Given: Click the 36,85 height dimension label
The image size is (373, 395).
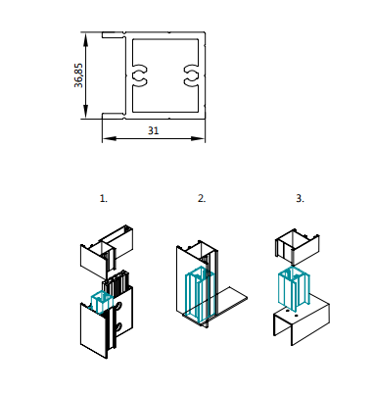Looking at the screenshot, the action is pyautogui.click(x=78, y=75).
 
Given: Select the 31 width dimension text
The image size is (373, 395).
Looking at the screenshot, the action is pyautogui.click(x=154, y=130).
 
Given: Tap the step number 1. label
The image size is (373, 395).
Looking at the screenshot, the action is pyautogui.click(x=104, y=198).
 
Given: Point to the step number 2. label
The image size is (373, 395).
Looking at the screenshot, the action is pyautogui.click(x=202, y=198).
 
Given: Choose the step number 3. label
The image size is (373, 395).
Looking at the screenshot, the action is pyautogui.click(x=300, y=198).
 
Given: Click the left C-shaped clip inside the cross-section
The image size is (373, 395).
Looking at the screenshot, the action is pyautogui.click(x=140, y=75).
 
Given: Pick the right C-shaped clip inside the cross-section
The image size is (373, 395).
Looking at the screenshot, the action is pyautogui.click(x=191, y=75).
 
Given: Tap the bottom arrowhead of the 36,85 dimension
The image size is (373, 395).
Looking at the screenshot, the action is pyautogui.click(x=86, y=112).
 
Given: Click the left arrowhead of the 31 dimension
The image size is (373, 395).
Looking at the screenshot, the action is pyautogui.click(x=109, y=138).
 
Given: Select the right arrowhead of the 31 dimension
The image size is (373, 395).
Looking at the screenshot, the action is pyautogui.click(x=198, y=138).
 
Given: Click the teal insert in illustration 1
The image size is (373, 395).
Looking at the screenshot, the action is pyautogui.click(x=102, y=301).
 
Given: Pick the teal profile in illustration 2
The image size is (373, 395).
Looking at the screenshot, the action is pyautogui.click(x=200, y=294).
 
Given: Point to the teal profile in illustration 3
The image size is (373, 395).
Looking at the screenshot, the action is pyautogui.click(x=294, y=287).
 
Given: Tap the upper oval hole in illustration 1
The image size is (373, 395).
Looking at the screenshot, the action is pyautogui.click(x=118, y=306).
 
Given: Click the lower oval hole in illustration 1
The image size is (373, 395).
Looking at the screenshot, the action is pyautogui.click(x=118, y=327).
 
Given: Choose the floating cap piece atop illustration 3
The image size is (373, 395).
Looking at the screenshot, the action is pyautogui.click(x=297, y=246).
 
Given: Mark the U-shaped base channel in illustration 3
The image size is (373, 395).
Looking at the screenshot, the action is pyautogui.click(x=302, y=321).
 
